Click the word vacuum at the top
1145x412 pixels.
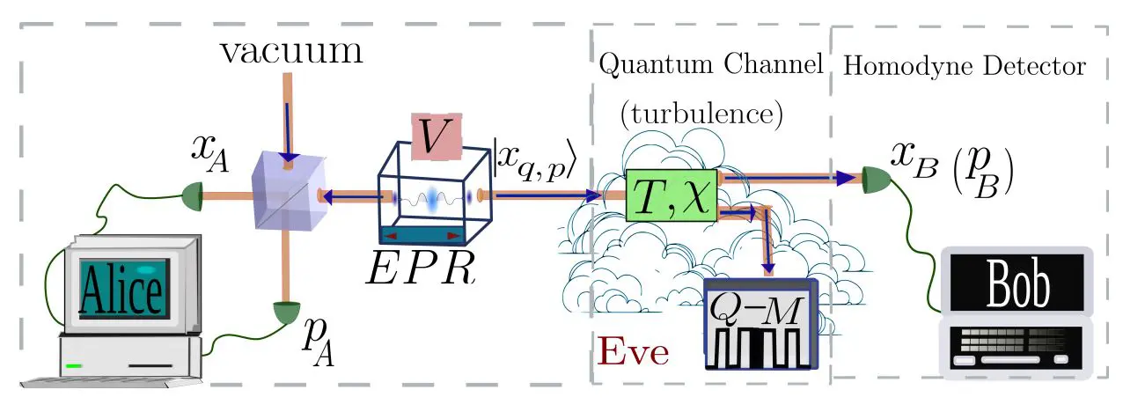coord(291,53)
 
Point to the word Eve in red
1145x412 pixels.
coord(633,353)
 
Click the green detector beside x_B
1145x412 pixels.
coord(875,179)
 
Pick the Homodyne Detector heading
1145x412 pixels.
coord(965,66)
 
